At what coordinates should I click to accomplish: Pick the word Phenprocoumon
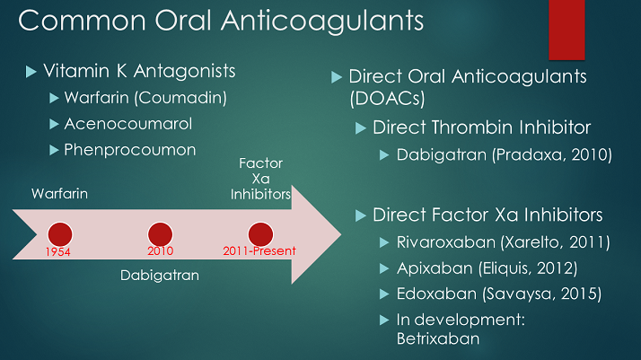tap(129, 149)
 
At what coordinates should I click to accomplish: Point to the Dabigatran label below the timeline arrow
tap(160, 276)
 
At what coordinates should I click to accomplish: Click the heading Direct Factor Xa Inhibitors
tap(487, 215)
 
